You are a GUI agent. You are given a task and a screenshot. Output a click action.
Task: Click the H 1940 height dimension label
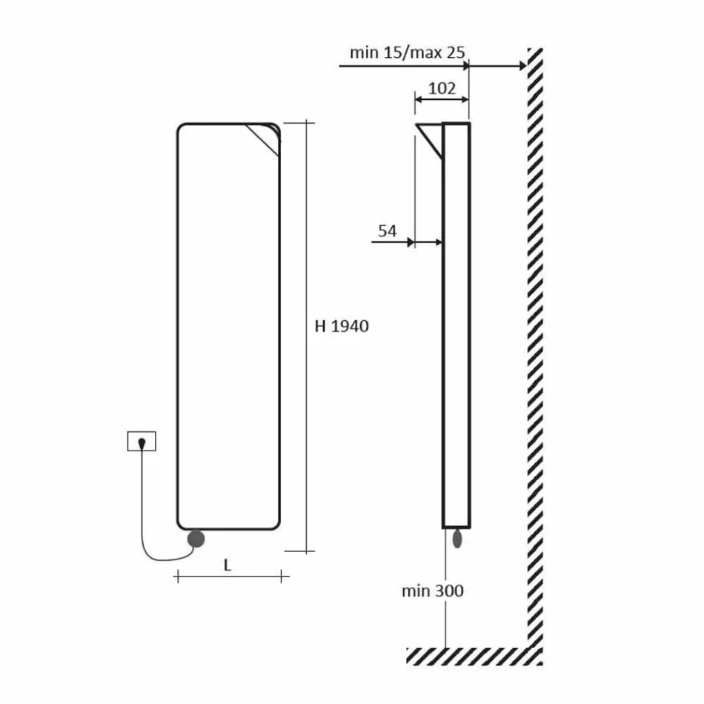(342, 326)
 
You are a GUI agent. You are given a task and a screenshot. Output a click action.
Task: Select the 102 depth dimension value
(442, 88)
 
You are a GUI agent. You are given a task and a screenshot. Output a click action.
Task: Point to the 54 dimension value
(388, 230)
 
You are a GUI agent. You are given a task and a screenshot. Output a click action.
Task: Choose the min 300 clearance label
(433, 591)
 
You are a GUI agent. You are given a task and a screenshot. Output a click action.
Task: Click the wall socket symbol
(142, 442)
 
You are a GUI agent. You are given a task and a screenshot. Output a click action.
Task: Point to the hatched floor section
(474, 655)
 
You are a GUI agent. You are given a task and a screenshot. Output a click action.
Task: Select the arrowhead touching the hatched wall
(521, 66)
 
